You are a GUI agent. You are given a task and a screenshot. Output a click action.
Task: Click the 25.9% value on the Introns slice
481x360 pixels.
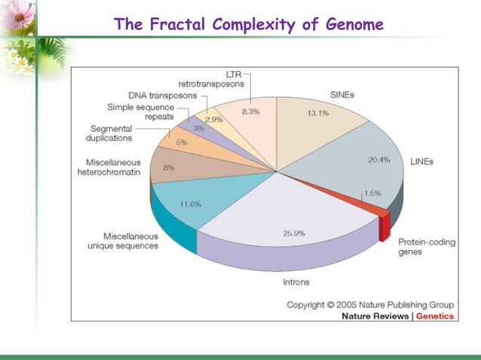click(x=294, y=233)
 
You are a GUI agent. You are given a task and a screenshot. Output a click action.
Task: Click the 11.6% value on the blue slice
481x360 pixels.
click(x=190, y=204)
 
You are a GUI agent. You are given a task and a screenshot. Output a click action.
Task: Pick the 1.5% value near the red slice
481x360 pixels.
click(x=372, y=194)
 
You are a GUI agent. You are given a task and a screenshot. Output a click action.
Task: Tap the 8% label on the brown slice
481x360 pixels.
click(x=169, y=168)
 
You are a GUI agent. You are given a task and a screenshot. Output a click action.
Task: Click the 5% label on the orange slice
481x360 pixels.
click(x=182, y=142)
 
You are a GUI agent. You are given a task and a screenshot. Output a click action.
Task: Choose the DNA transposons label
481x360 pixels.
click(x=162, y=96)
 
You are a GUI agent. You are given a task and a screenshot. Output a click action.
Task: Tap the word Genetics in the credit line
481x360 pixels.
click(x=435, y=316)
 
